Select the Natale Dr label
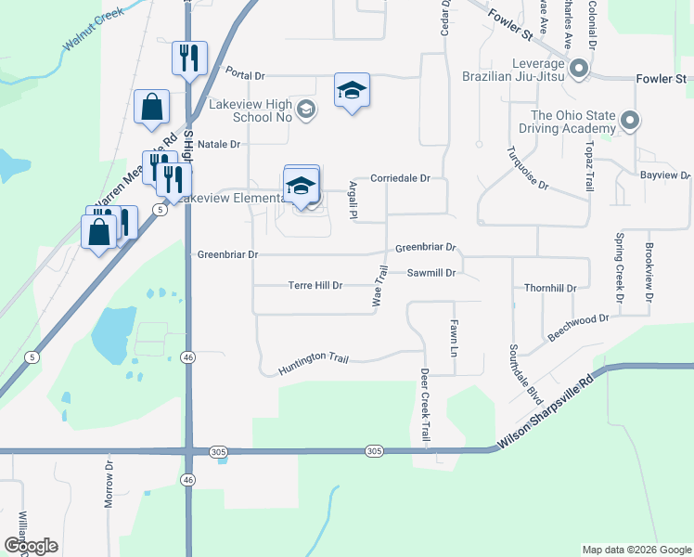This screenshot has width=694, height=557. point(219,144)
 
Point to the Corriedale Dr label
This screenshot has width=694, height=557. point(401,177)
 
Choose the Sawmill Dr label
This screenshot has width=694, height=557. point(431,273)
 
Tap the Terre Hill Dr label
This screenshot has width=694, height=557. point(315,286)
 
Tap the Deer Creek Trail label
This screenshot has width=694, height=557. point(426,406)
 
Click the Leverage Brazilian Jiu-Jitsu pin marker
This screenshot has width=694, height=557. point(579,69)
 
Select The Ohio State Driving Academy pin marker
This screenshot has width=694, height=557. point(630,121)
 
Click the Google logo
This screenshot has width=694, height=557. point(31,546)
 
